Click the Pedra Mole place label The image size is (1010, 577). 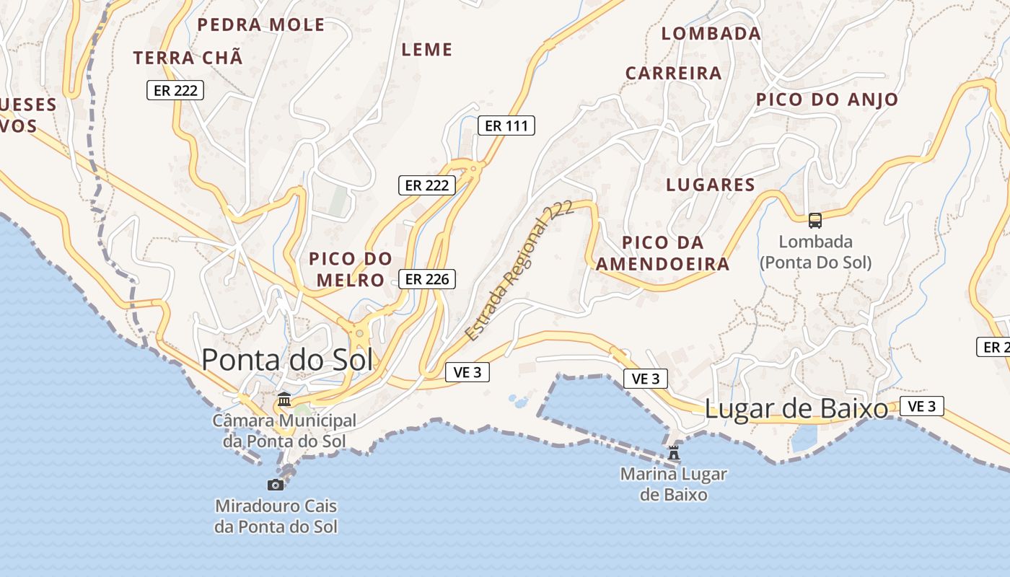(261, 25)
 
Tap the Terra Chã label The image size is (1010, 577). (188, 58)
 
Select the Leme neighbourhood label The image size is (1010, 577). (427, 50)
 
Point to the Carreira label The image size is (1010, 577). (674, 73)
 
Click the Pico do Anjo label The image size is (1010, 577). (827, 100)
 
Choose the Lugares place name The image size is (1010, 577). (711, 185)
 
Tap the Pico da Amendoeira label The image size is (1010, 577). (663, 253)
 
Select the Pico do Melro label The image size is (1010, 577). (351, 269)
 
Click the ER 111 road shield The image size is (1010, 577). (506, 125)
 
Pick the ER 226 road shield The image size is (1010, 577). (427, 279)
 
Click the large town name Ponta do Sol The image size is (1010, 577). (287, 359)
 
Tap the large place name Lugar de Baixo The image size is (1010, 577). (796, 409)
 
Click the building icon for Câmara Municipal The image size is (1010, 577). (284, 399)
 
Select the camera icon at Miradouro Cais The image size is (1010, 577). (276, 485)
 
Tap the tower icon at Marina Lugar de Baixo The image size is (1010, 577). (674, 453)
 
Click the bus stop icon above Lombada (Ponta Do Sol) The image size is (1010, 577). (814, 221)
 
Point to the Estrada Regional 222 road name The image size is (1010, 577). (519, 270)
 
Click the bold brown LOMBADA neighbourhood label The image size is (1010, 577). (711, 34)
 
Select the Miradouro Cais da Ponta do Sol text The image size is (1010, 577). (276, 516)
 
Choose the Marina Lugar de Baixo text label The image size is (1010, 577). (674, 485)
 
